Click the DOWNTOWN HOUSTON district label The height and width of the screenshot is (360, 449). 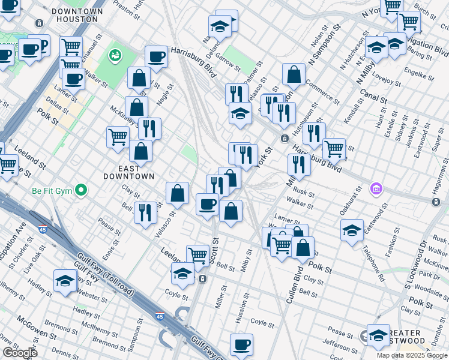point(74,15)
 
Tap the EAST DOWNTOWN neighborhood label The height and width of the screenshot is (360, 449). point(129,172)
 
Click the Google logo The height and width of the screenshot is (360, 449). point(19,353)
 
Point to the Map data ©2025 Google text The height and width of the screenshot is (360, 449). point(412,355)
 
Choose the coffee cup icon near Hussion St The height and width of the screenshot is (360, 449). point(242,344)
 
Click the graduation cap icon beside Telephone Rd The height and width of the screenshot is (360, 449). point(352,230)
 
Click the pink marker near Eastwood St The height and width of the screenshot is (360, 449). point(376,189)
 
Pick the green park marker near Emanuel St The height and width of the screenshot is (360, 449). point(114,56)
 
